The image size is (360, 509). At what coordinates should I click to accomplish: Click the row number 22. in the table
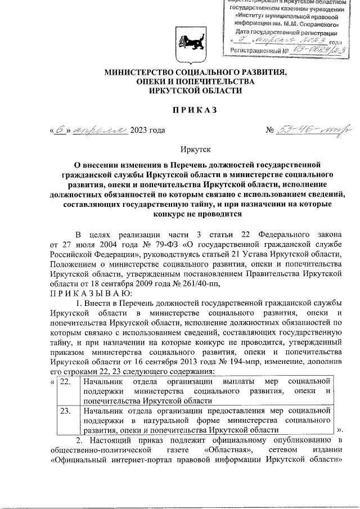coord(65,382)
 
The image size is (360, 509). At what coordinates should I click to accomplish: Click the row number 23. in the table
coord(65,411)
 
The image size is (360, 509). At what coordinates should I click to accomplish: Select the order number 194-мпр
coord(247,362)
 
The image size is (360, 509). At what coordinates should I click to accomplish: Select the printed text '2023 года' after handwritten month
coord(147,130)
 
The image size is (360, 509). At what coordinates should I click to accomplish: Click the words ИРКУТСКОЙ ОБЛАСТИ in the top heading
coord(195,91)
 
